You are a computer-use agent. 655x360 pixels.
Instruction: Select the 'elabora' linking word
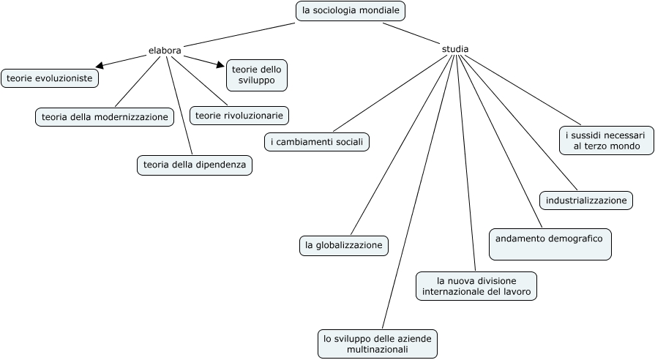(x=165, y=50)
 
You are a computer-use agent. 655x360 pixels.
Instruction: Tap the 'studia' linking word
(x=455, y=49)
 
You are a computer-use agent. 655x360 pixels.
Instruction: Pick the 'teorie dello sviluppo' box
(x=256, y=75)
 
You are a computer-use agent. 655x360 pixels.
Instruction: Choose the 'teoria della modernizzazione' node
(x=105, y=116)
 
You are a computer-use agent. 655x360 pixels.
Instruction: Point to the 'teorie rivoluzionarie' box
(x=239, y=115)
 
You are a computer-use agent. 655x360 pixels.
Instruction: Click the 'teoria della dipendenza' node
(x=195, y=165)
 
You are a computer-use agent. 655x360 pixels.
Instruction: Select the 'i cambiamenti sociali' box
(x=316, y=141)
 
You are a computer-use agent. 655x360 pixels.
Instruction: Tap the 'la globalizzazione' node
(x=343, y=245)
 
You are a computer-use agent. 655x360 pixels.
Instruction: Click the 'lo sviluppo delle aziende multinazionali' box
(x=378, y=344)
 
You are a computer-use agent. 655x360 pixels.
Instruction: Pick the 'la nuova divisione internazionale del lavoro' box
(x=476, y=286)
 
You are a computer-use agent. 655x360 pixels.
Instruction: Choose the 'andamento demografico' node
(x=550, y=244)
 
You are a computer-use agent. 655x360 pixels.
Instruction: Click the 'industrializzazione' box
(x=586, y=200)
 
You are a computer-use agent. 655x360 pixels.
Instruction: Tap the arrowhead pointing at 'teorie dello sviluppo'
(x=220, y=64)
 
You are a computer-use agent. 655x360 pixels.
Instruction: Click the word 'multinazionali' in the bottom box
(x=378, y=350)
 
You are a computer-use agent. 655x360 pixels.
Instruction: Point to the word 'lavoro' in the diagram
(x=517, y=292)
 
